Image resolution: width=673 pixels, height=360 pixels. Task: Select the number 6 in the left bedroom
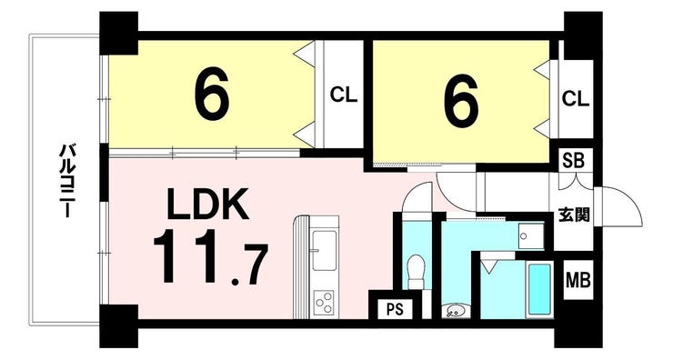point(212,95)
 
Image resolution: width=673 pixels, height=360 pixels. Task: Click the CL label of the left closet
point(344,95)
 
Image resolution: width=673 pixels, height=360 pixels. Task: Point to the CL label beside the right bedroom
point(576,99)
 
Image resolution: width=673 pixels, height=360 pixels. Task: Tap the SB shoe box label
point(574,161)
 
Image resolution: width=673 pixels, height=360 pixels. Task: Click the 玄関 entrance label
point(574,215)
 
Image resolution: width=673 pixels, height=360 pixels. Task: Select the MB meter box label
point(578,280)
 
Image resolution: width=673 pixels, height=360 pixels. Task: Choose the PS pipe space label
point(395,309)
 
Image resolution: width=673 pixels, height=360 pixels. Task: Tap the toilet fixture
point(416,271)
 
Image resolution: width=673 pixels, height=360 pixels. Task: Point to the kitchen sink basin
point(324,251)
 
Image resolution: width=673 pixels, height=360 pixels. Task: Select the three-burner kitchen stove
point(324,303)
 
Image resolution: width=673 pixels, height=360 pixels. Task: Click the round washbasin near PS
point(453,311)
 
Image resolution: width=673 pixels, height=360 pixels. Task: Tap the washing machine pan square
point(531,236)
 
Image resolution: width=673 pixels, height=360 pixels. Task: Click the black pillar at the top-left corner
point(119,33)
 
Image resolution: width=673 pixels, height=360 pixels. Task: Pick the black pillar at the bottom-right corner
point(578,332)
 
